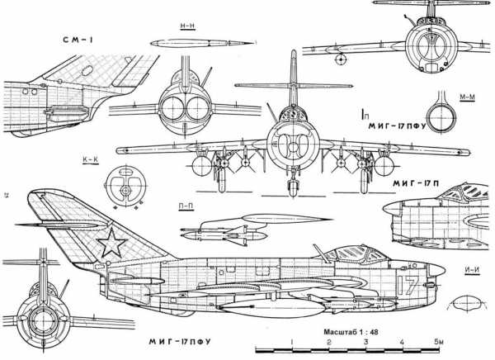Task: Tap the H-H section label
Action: click(x=186, y=26)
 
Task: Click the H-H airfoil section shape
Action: click(x=186, y=43)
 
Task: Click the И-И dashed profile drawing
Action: click(x=469, y=304)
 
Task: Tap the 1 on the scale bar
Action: click(x=292, y=342)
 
